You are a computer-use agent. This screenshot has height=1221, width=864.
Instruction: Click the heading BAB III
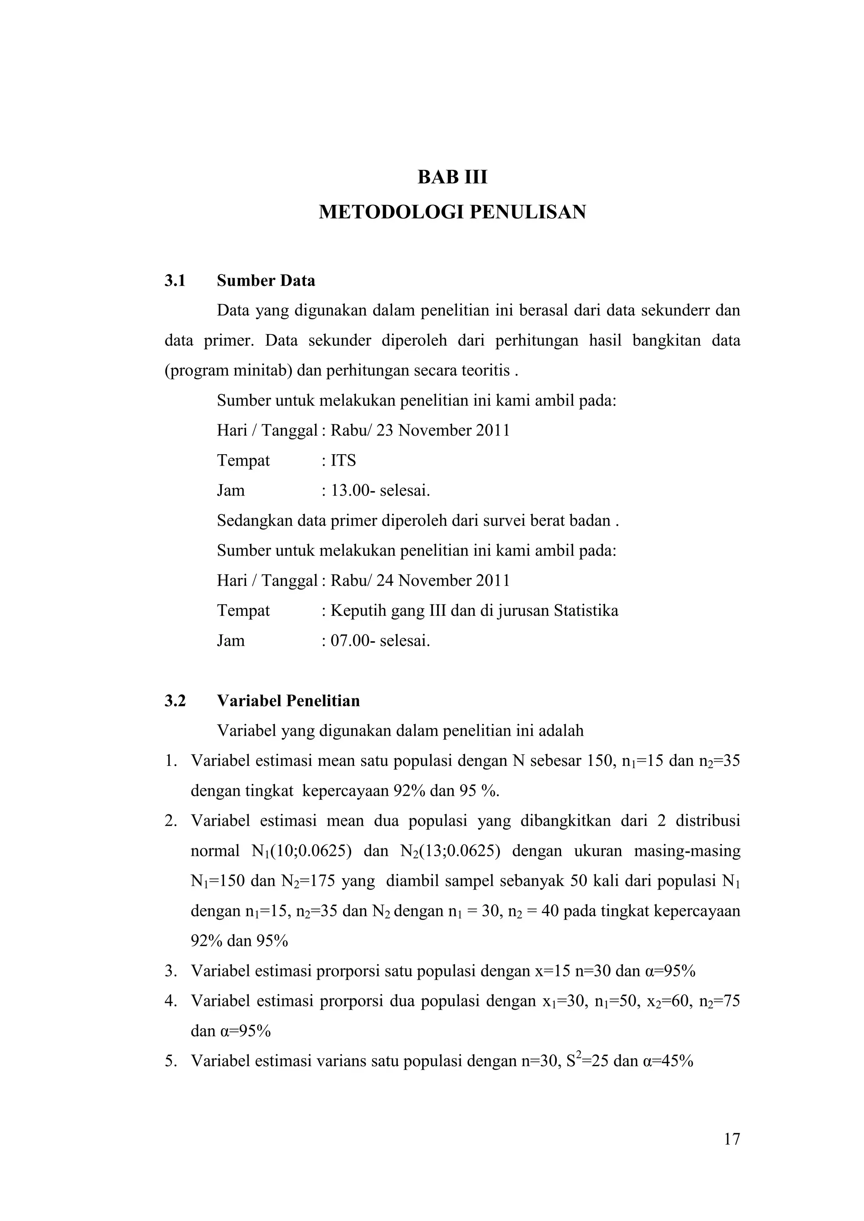point(452,177)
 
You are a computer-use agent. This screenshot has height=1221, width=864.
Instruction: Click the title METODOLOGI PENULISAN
point(452,212)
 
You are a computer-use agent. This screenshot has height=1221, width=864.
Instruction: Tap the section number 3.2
point(175,701)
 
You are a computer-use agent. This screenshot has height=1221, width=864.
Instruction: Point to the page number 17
point(732,1139)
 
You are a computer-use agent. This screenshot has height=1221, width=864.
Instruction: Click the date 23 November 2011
point(443,430)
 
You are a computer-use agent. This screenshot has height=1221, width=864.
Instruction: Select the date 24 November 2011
point(443,580)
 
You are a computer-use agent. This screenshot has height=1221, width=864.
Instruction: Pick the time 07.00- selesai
point(380,640)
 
